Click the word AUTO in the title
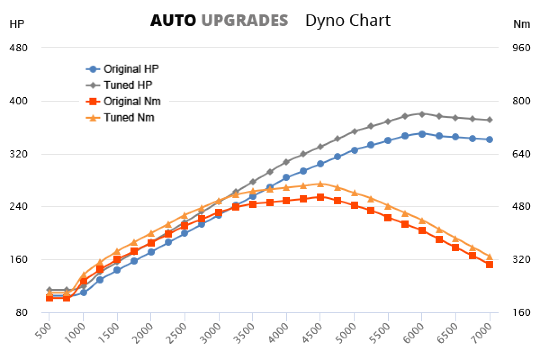click(173, 21)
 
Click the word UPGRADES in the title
click(244, 21)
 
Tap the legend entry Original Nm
click(131, 101)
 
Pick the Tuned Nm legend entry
click(129, 117)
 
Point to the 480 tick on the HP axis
click(18, 48)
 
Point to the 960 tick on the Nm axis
click(521, 48)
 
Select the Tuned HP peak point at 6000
click(422, 114)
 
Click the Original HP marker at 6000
click(422, 134)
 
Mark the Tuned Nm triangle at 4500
click(320, 184)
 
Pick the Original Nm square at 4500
click(320, 197)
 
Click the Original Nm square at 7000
click(490, 265)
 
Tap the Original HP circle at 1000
click(83, 292)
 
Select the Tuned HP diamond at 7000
click(490, 120)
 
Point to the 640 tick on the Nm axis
click(521, 154)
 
